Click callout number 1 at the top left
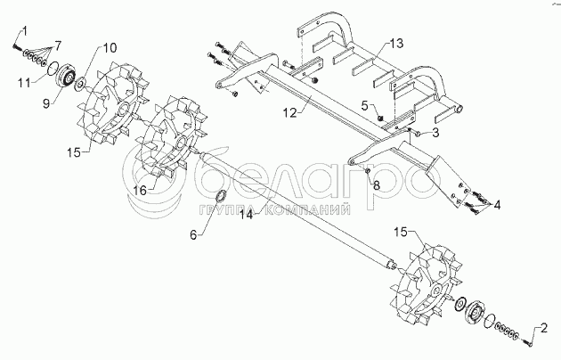(25, 30)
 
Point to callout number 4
(496, 205)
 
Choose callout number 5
(365, 106)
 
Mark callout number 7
(58, 45)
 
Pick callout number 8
(377, 185)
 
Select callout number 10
(110, 46)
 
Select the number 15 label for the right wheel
(401, 232)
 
